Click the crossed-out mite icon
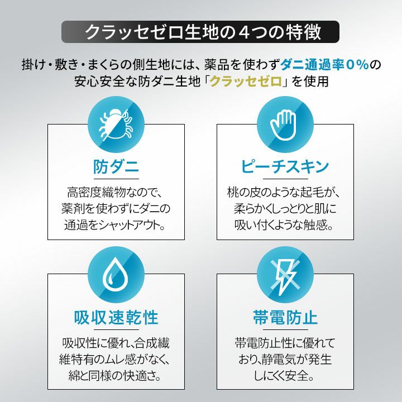click(116, 125)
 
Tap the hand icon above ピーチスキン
click(283, 125)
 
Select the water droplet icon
click(116, 274)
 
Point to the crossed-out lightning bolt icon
click(285, 276)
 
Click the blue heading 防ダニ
click(116, 166)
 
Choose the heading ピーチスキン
click(285, 166)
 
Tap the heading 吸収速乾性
click(116, 317)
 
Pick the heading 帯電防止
click(285, 317)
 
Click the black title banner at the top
click(200, 32)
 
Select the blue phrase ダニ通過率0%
click(325, 64)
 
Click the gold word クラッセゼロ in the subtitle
click(246, 82)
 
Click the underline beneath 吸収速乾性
click(116, 330)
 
